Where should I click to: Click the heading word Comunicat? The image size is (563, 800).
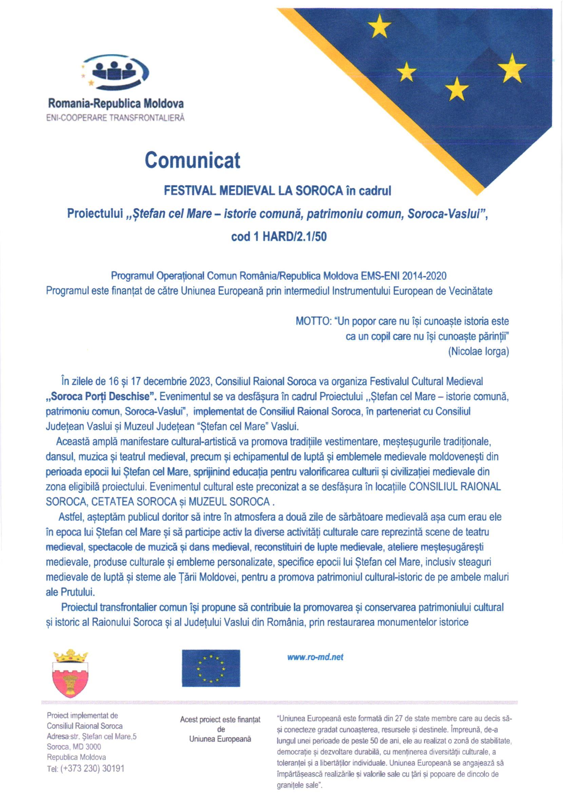[x=192, y=161]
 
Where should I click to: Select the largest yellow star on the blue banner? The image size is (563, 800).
[x=511, y=68]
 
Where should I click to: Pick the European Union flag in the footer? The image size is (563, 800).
[x=211, y=668]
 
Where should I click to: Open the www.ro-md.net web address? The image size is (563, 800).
[x=315, y=657]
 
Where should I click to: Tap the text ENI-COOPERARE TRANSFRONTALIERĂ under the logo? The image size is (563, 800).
[x=115, y=118]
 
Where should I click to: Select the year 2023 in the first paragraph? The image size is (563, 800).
[x=200, y=382]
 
